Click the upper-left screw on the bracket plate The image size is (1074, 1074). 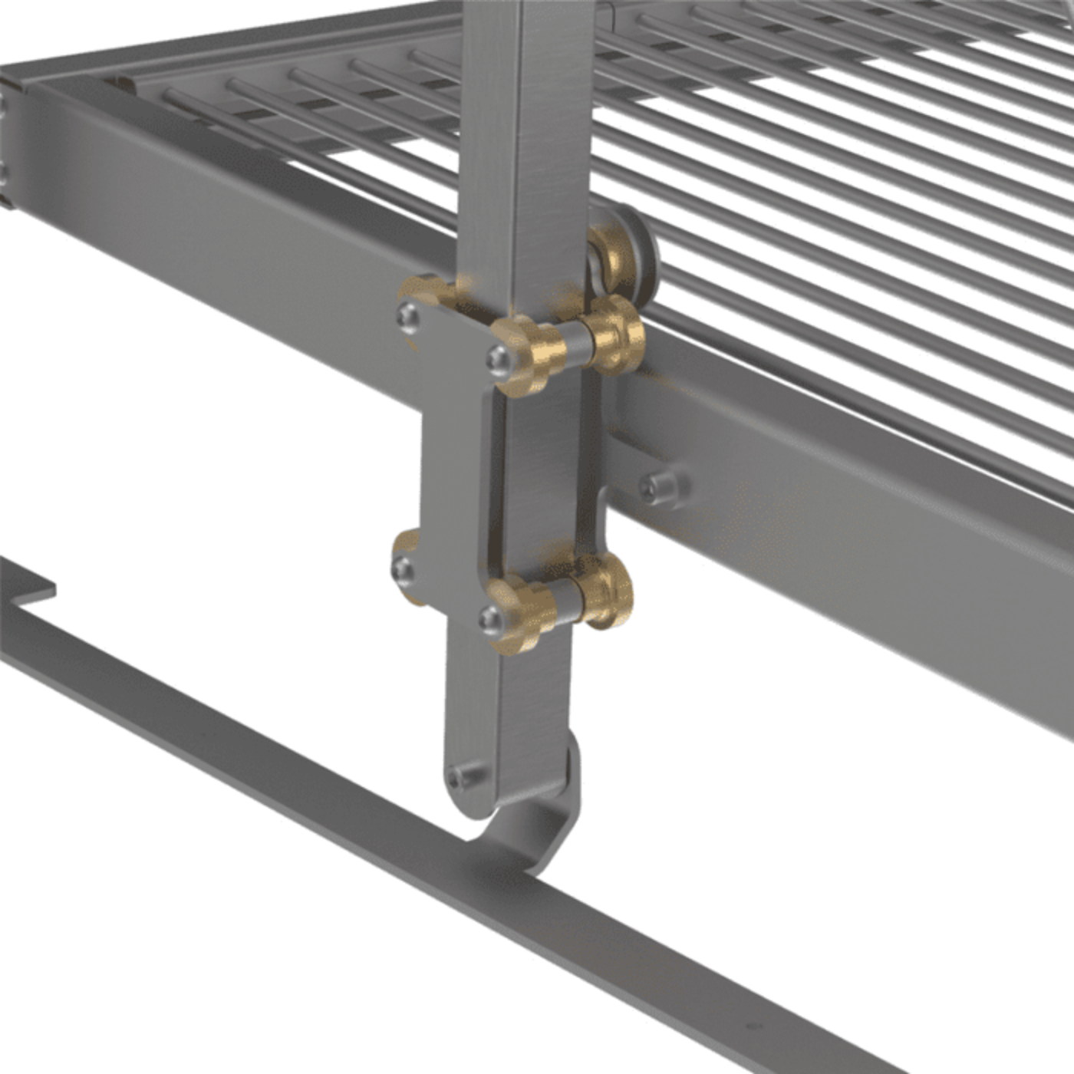(409, 316)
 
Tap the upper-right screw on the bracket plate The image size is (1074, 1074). (500, 357)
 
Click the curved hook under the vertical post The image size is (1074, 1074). (541, 829)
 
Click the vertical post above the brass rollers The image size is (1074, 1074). (522, 153)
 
